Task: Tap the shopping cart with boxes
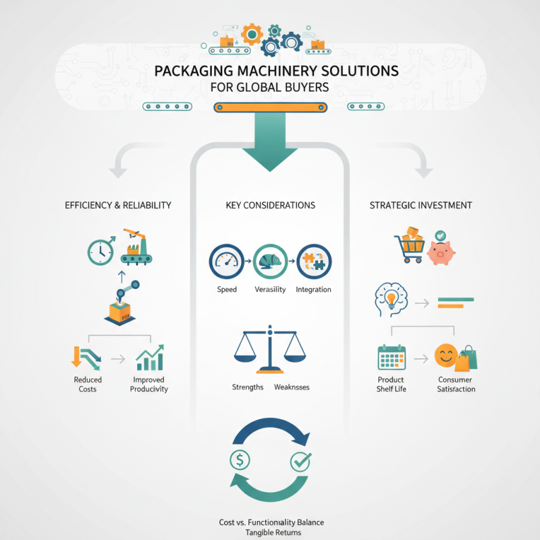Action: tap(410, 248)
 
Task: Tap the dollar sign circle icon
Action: tap(240, 460)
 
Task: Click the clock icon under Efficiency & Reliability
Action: tap(101, 252)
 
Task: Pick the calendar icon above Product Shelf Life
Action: tap(391, 358)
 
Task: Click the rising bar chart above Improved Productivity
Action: tap(151, 357)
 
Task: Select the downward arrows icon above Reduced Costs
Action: tap(86, 358)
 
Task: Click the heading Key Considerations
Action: tap(270, 205)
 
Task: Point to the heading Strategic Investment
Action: tap(421, 205)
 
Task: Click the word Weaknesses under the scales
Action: tap(292, 387)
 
